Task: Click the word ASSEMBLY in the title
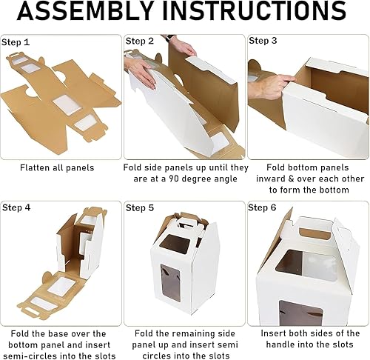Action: [84, 10]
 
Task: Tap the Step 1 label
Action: [16, 42]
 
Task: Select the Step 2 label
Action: [140, 41]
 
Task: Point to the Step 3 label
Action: [263, 41]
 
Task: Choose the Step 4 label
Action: [16, 207]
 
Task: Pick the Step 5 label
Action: [140, 208]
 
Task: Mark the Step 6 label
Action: [262, 207]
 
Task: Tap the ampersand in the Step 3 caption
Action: [292, 179]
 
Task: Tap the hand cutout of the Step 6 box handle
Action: [314, 233]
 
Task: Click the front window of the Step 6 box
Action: [300, 313]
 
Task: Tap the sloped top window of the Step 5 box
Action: [175, 244]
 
